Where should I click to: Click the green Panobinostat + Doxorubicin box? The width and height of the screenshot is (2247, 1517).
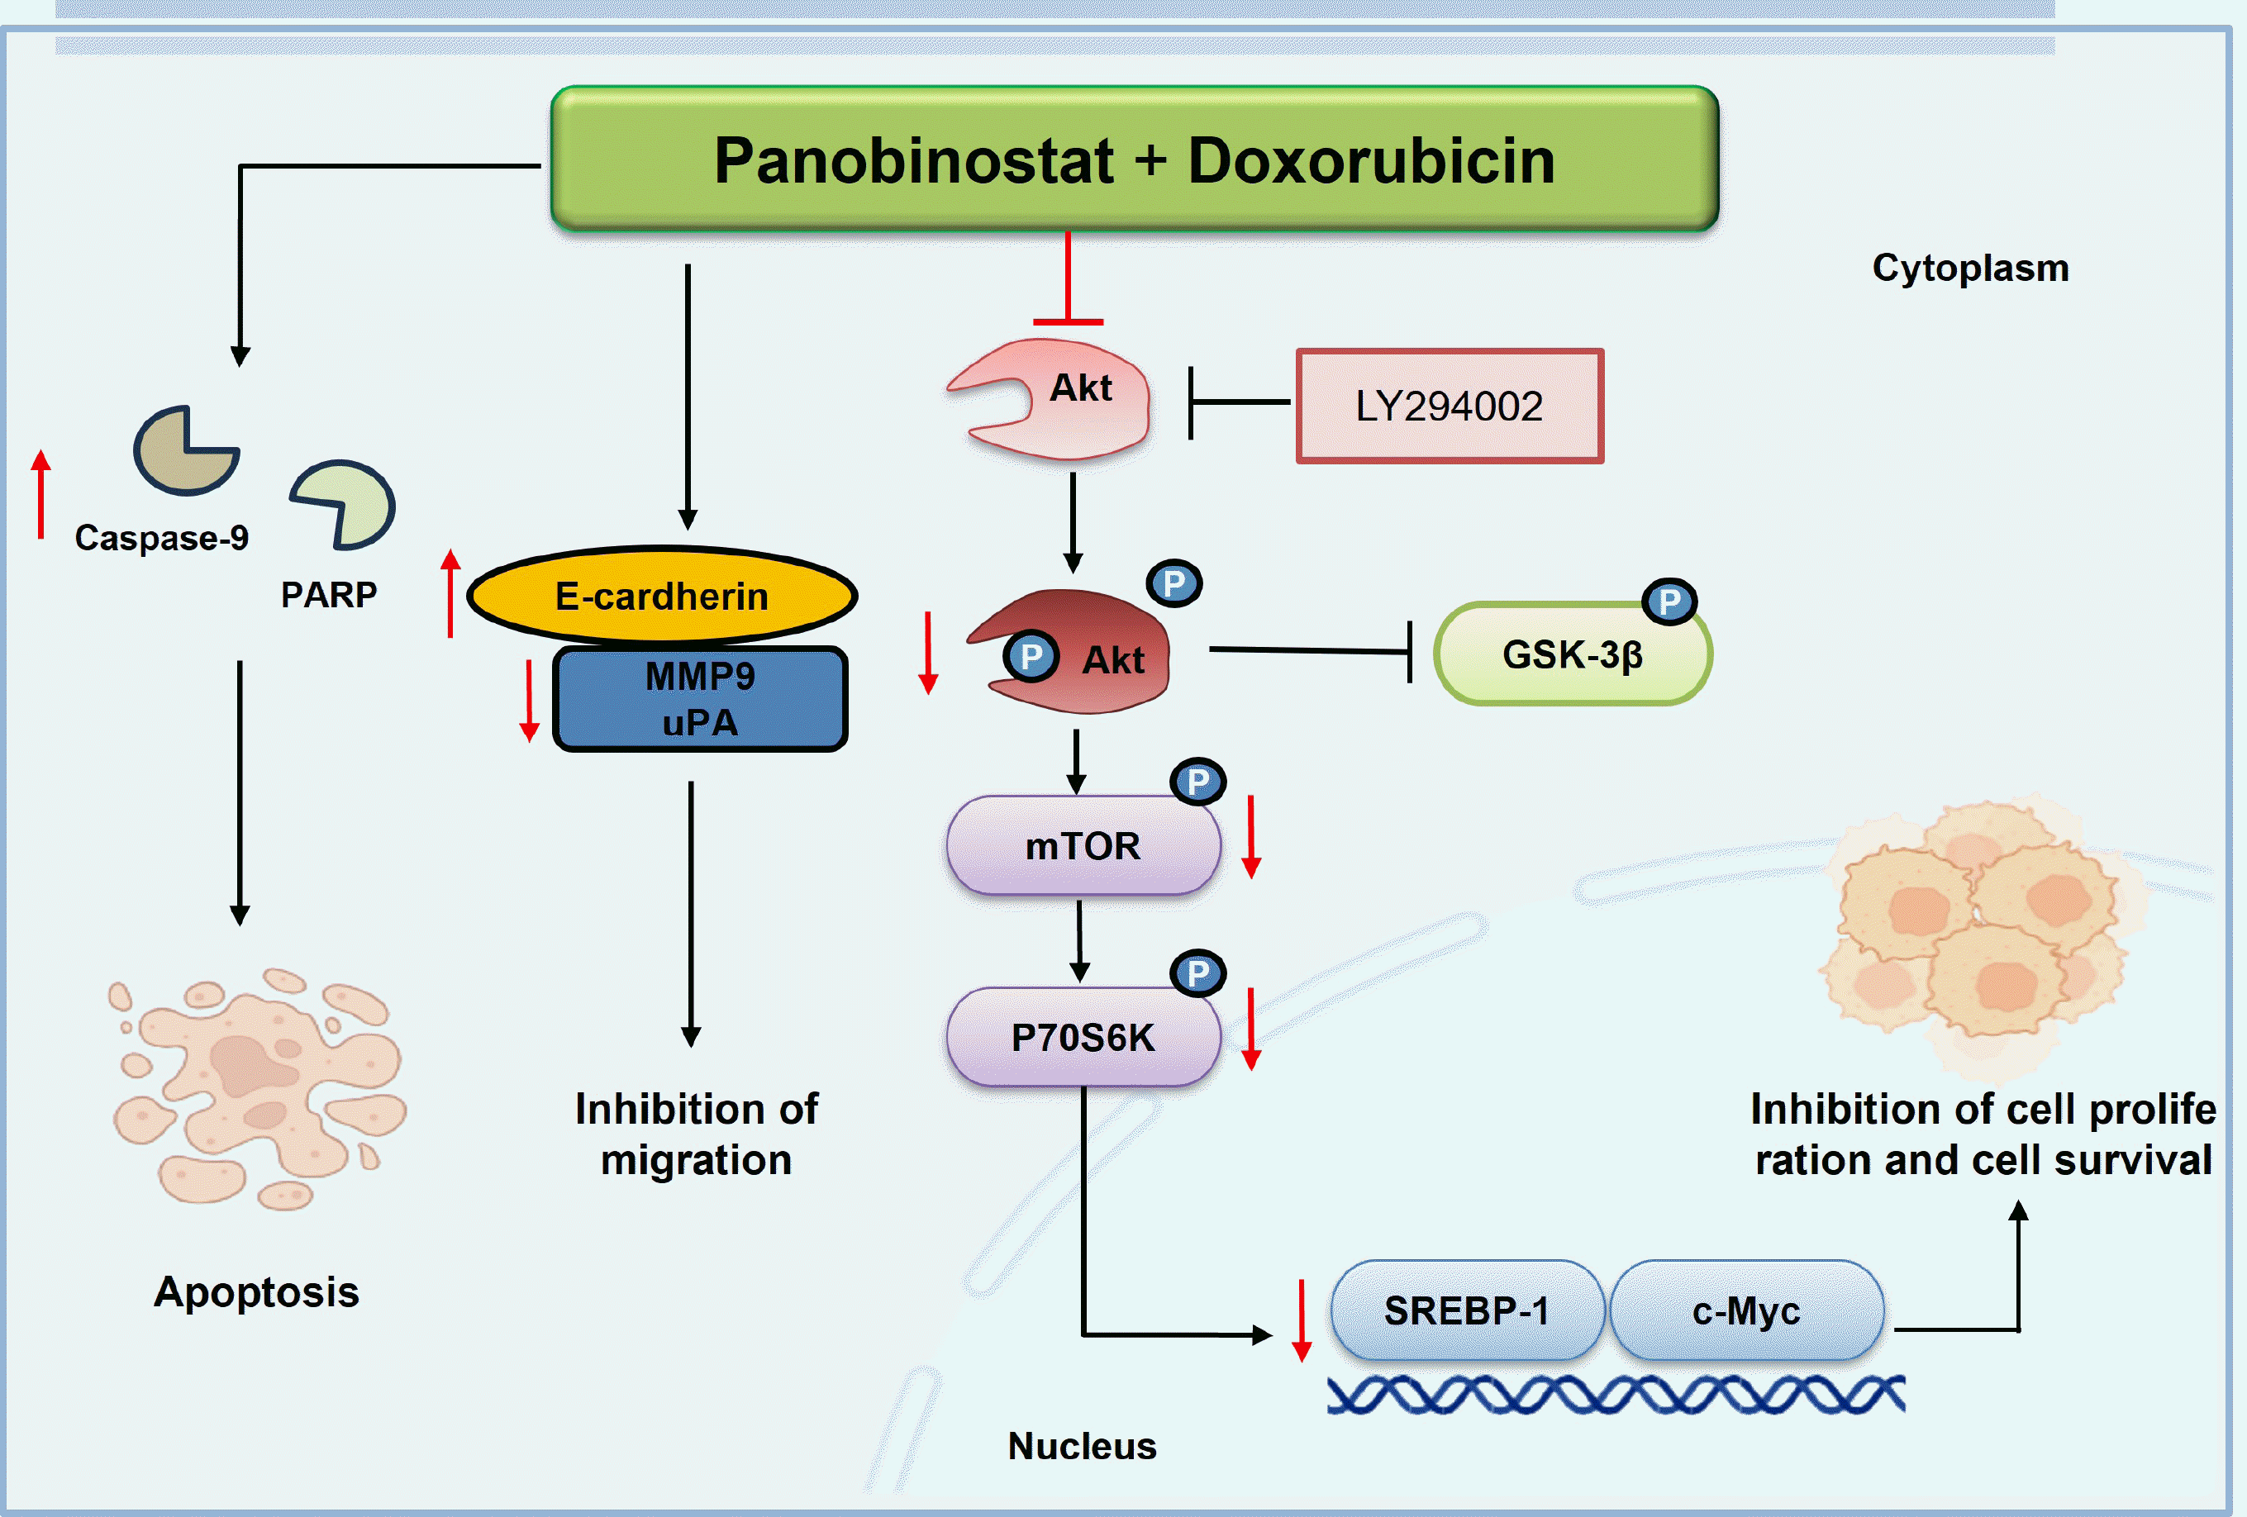(x=1133, y=159)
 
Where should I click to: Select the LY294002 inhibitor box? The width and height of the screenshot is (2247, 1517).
(x=1449, y=406)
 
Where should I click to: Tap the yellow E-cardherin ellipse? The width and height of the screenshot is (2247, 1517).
(x=662, y=596)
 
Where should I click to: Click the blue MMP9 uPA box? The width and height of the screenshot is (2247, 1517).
(x=700, y=699)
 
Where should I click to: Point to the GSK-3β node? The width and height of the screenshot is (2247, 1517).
(x=1572, y=654)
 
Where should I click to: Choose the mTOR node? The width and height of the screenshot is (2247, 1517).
(x=1083, y=846)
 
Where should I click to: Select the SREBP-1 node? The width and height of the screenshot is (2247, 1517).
(x=1467, y=1311)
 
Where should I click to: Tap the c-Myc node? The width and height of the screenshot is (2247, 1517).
(x=1746, y=1311)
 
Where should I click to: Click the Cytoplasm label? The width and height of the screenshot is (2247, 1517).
(x=1970, y=268)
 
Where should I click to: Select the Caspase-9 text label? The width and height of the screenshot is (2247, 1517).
(x=161, y=538)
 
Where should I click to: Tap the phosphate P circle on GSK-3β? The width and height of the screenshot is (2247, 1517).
(x=1669, y=602)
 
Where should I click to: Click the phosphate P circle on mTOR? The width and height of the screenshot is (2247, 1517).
(x=1198, y=781)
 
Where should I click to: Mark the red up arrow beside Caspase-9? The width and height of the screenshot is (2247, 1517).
(x=40, y=493)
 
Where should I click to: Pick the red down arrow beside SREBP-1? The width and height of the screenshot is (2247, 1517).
(x=1302, y=1320)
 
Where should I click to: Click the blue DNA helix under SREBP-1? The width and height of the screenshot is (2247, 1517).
(x=1615, y=1394)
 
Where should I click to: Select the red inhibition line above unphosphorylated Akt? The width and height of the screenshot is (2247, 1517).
(x=1068, y=280)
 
